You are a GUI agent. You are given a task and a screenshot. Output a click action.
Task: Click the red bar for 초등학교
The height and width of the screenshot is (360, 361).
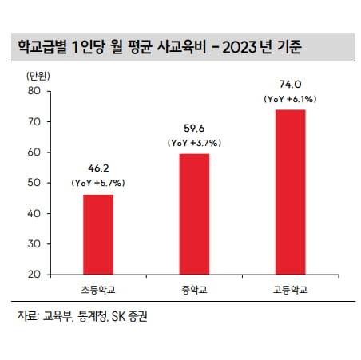98,234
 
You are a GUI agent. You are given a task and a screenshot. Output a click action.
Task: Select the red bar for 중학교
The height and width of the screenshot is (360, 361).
193,214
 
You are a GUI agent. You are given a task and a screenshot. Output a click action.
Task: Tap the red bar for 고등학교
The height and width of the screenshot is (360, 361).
290,192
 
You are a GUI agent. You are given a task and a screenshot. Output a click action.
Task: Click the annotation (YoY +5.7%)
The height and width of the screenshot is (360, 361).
98,183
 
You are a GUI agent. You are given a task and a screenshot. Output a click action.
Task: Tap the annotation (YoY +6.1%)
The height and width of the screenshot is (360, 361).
290,98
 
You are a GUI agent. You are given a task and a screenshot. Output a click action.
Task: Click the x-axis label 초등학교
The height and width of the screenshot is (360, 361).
98,287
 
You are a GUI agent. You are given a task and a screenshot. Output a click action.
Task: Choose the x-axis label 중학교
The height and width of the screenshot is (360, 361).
193,287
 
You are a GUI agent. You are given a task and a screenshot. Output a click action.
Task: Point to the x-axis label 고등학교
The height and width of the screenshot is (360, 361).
290,287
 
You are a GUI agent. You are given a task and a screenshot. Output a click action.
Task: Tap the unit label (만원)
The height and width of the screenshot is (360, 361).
38,76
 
